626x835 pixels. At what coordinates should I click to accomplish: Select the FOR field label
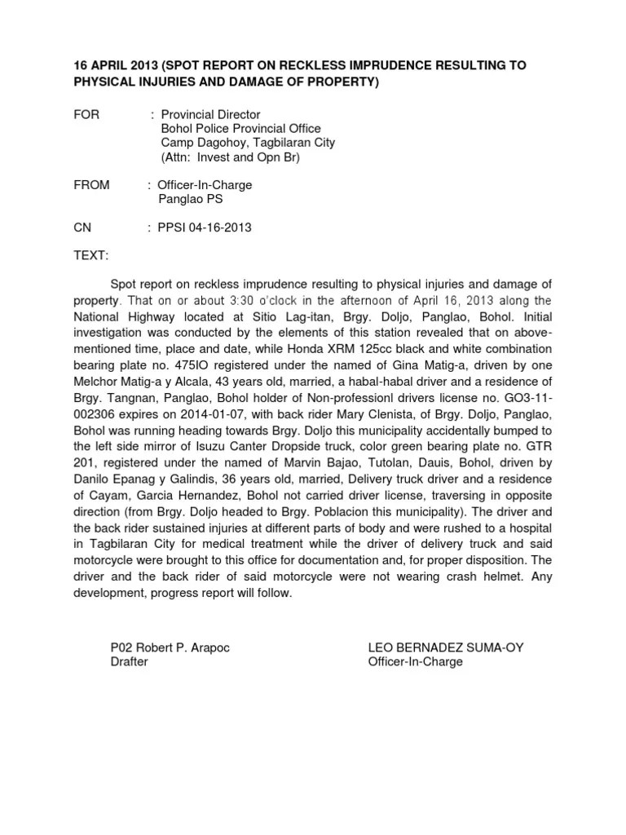click(86, 115)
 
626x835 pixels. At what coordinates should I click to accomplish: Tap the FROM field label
click(91, 185)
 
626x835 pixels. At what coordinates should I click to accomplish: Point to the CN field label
click(83, 228)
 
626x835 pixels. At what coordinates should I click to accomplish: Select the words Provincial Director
click(210, 115)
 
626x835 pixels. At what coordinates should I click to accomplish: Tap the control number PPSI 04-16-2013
click(205, 228)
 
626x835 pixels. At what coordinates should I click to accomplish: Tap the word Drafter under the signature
click(129, 661)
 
